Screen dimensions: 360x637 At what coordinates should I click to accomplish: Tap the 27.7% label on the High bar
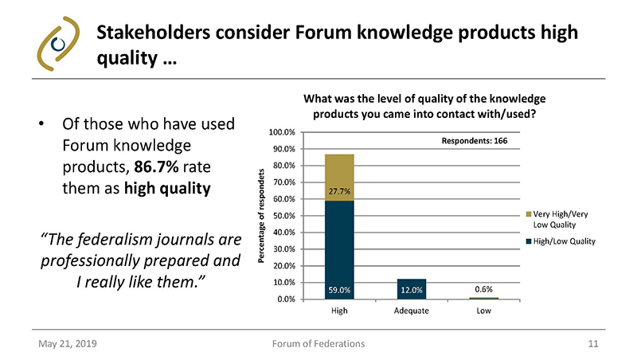[339, 191]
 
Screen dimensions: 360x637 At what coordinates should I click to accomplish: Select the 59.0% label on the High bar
[339, 290]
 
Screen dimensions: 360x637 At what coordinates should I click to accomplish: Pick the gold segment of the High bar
[339, 177]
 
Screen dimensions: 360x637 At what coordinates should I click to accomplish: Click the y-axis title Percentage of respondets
[261, 216]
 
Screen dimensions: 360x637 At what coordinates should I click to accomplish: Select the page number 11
[592, 343]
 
